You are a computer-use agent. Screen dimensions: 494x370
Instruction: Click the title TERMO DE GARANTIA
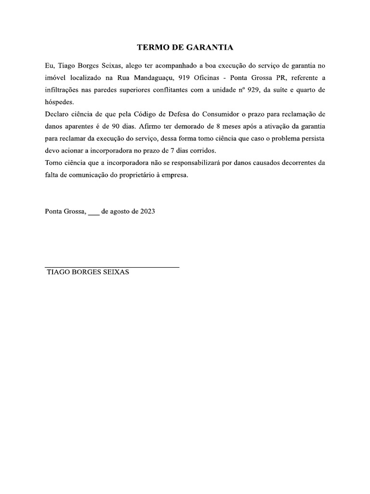(x=185, y=47)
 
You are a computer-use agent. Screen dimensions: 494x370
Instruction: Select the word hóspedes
(x=60, y=102)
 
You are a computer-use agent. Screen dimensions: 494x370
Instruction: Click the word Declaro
(x=57, y=114)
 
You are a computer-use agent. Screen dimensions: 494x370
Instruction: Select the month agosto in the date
(x=124, y=211)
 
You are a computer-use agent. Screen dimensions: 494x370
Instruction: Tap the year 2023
(x=147, y=211)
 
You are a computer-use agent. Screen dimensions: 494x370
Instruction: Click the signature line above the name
(x=112, y=267)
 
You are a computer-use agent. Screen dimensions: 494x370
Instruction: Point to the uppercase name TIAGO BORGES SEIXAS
(x=88, y=273)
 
